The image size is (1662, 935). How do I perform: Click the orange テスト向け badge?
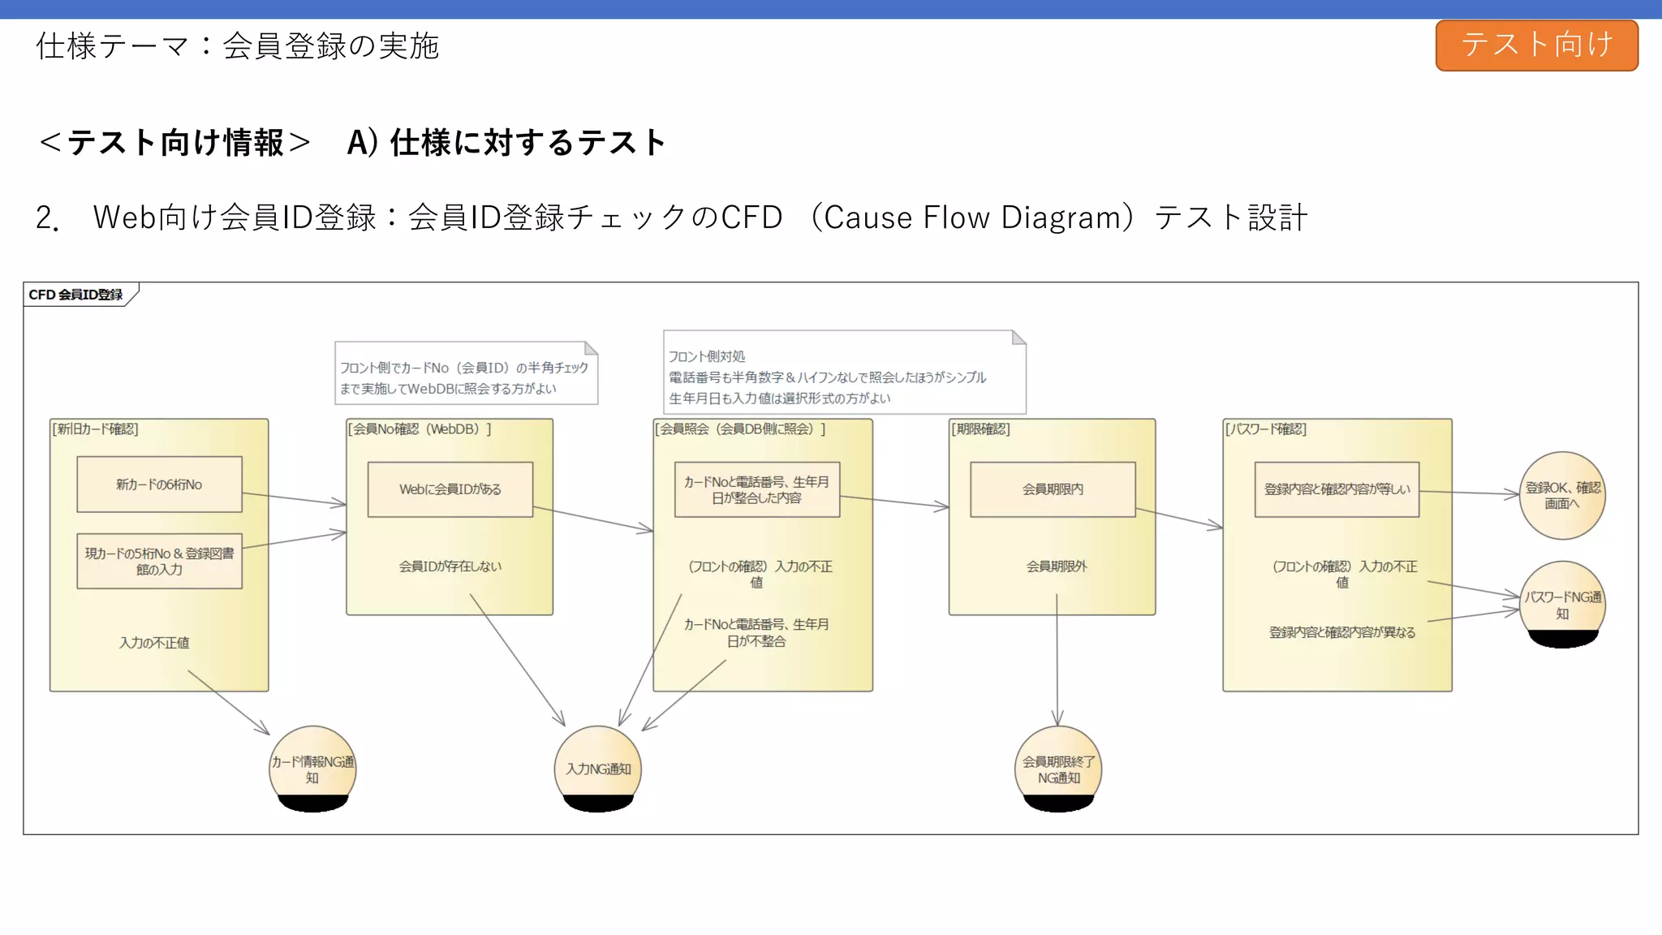click(1536, 45)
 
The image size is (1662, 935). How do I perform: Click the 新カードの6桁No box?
click(159, 485)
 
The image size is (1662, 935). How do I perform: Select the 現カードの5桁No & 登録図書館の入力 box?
click(159, 561)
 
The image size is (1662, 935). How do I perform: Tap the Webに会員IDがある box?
click(450, 489)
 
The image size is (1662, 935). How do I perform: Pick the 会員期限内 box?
click(1053, 489)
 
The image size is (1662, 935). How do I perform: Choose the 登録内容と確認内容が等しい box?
click(1337, 489)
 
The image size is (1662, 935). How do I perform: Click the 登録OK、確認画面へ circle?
click(1562, 495)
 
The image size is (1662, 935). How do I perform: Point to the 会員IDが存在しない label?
click(450, 567)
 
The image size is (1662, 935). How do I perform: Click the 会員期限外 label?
click(1057, 567)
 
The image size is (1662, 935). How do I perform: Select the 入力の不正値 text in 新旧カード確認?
click(154, 643)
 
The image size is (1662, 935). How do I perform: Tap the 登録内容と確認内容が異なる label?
click(1342, 632)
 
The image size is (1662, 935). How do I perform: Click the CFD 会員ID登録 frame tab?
click(76, 295)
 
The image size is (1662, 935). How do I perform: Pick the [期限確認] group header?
click(980, 429)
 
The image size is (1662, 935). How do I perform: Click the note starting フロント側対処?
click(844, 373)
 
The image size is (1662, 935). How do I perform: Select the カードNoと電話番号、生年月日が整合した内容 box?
click(756, 489)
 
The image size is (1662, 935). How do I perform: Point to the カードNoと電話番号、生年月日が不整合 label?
click(756, 632)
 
